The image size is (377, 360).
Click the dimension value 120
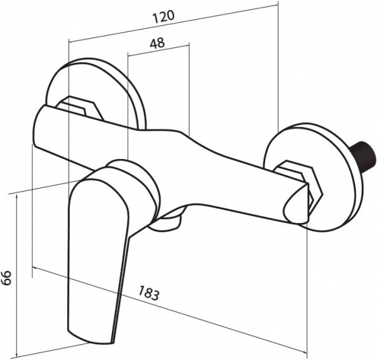pyautogui.click(x=163, y=17)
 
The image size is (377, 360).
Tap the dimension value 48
pyautogui.click(x=158, y=43)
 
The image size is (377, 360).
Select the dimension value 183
pyautogui.click(x=149, y=293)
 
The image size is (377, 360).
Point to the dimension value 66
pyautogui.click(x=6, y=277)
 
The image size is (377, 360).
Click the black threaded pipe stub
pyautogui.click(x=361, y=156)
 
